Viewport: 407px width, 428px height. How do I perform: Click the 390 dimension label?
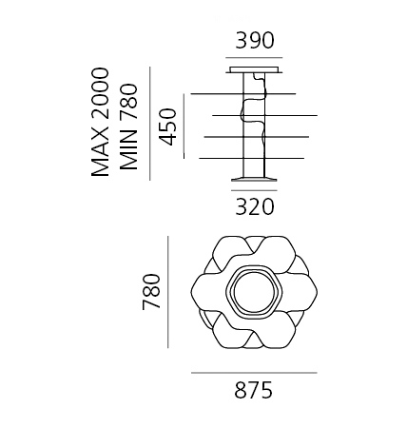(254, 40)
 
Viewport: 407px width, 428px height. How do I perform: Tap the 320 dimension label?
(254, 206)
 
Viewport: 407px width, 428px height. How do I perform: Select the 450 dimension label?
(167, 126)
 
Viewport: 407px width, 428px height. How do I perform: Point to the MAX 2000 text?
(100, 122)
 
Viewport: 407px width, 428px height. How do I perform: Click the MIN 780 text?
(129, 126)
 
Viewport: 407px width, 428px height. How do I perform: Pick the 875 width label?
(254, 390)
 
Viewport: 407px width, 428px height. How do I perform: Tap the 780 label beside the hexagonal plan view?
(151, 292)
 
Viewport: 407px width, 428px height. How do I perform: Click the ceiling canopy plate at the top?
(254, 69)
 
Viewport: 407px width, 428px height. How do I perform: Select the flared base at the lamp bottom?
(254, 179)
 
